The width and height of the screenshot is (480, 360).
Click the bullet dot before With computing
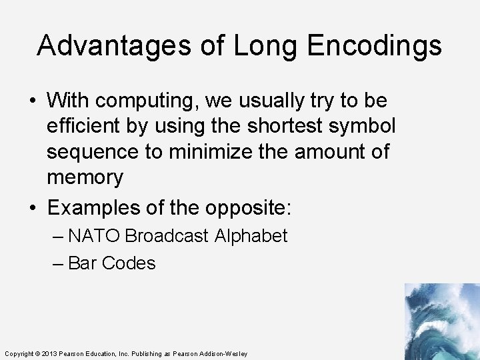(x=33, y=101)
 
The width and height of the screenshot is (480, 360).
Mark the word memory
(x=85, y=177)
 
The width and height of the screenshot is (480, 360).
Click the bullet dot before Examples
(x=33, y=207)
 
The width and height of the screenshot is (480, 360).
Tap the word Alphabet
(x=251, y=236)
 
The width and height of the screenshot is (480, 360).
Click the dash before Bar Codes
(x=58, y=263)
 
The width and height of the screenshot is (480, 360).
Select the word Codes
(x=129, y=263)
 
